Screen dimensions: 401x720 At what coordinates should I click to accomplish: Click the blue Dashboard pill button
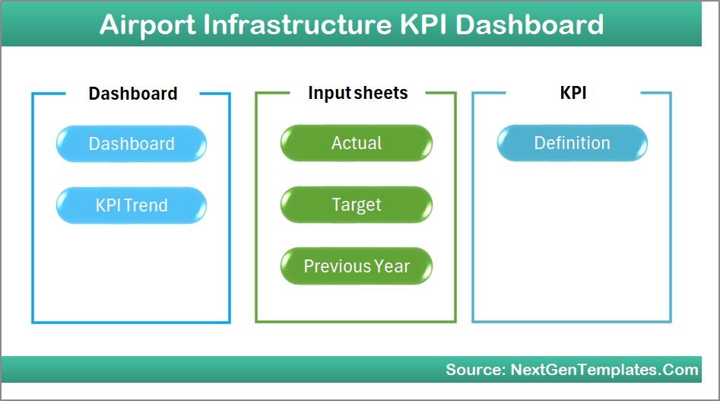pyautogui.click(x=131, y=144)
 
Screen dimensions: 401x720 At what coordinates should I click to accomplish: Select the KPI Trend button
pyautogui.click(x=131, y=205)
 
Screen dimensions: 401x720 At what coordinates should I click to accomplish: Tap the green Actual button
pyautogui.click(x=356, y=143)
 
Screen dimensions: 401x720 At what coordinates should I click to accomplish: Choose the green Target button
pyautogui.click(x=356, y=205)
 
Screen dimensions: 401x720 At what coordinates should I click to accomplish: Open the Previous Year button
pyautogui.click(x=356, y=266)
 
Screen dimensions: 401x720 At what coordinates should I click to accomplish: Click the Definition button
pyautogui.click(x=572, y=143)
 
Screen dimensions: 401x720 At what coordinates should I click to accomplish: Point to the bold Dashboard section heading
pyautogui.click(x=133, y=94)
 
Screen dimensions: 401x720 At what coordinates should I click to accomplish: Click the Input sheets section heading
pyautogui.click(x=357, y=93)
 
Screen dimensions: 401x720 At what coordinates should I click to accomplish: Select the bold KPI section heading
pyautogui.click(x=573, y=93)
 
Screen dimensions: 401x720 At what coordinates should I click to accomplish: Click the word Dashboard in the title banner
pyautogui.click(x=530, y=25)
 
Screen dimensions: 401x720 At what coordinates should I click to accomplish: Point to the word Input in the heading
pyautogui.click(x=328, y=93)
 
